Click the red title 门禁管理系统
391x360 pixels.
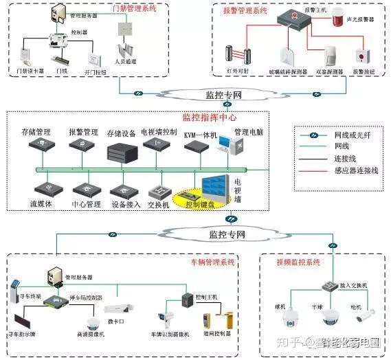coord(135,8)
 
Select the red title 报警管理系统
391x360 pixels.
coord(245,11)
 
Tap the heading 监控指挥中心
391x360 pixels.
coord(209,117)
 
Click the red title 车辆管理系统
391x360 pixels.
coord(212,262)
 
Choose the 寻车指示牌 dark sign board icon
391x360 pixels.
coord(23,319)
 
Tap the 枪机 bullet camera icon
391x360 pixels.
coord(363,315)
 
